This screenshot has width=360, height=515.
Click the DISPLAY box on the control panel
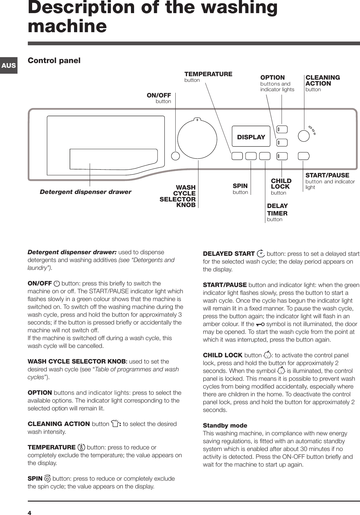coord(251,137)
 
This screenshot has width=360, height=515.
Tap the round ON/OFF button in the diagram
coord(176,156)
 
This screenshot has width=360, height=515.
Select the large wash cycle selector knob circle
coord(197,139)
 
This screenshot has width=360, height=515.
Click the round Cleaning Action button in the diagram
coord(303,136)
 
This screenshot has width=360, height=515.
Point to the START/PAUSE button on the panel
coord(303,156)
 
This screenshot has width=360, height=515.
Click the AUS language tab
coord(8,65)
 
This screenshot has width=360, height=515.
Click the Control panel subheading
coord(54,60)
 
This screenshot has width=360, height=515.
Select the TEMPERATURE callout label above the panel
coord(208,74)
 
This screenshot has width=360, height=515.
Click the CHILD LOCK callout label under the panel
coord(281,184)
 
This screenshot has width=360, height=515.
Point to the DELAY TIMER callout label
coord(277,210)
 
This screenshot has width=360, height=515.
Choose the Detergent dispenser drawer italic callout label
coord(85,192)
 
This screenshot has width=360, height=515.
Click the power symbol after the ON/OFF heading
coord(57,284)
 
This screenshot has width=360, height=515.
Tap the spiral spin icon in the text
coord(47,479)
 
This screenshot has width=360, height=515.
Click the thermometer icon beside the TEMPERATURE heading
coord(81,448)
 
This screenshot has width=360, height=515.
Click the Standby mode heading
coord(225,426)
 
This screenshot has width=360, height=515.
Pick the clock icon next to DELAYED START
coord(260,254)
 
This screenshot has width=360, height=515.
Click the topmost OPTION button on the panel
coord(282,129)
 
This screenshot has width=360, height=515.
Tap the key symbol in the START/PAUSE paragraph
coord(260,324)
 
